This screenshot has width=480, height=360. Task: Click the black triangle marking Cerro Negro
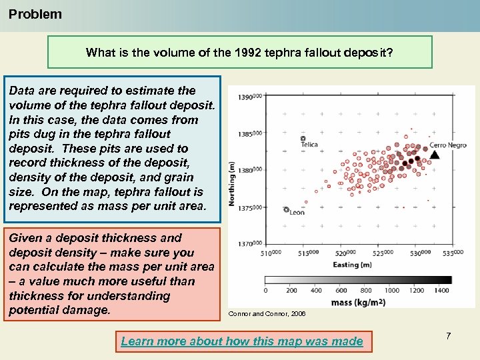(435, 155)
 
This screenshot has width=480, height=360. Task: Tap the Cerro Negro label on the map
(448, 145)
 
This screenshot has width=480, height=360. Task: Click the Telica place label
(309, 144)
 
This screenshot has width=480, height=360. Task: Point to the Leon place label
(297, 213)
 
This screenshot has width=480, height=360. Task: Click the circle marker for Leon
(286, 210)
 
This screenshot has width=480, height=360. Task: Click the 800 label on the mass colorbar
(366, 291)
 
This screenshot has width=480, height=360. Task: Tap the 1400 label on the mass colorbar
(441, 291)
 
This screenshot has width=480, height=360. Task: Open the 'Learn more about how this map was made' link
(242, 341)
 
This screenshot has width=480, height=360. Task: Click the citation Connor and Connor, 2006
(267, 313)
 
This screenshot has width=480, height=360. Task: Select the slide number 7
(448, 336)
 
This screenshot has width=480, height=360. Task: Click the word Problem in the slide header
(35, 14)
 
